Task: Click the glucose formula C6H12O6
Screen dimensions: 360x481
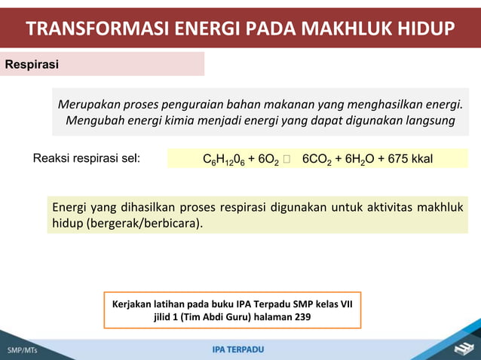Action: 225,160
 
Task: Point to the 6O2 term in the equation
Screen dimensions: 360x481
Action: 268,160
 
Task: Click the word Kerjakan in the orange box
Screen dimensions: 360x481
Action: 134,304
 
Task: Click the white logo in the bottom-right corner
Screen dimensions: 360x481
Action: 461,347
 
